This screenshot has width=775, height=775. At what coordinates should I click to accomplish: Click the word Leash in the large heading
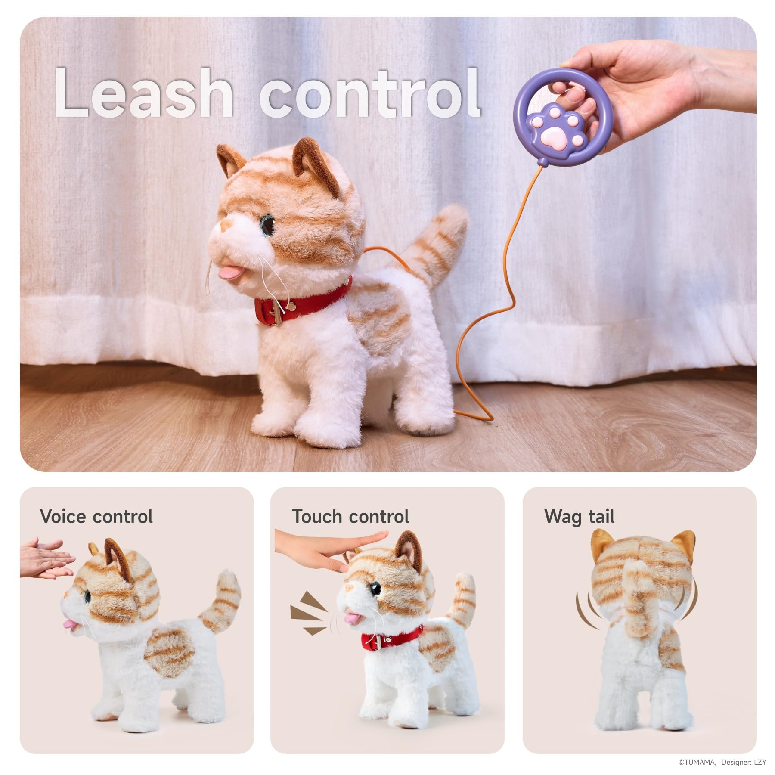click(143, 93)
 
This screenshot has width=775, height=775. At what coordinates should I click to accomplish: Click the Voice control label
click(96, 517)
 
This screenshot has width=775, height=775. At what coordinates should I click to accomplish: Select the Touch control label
click(350, 517)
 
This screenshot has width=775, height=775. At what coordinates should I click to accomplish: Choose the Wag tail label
click(580, 517)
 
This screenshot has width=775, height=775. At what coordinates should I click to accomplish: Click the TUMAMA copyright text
click(697, 762)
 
